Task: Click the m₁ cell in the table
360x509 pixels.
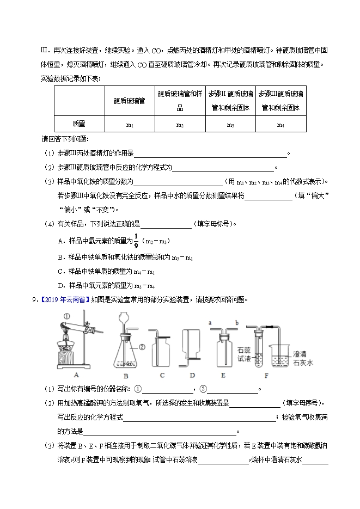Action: click(130, 125)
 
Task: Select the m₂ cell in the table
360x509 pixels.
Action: click(180, 125)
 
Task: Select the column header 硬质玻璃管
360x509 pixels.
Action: click(129, 101)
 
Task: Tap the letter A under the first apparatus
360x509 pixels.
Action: click(76, 375)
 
